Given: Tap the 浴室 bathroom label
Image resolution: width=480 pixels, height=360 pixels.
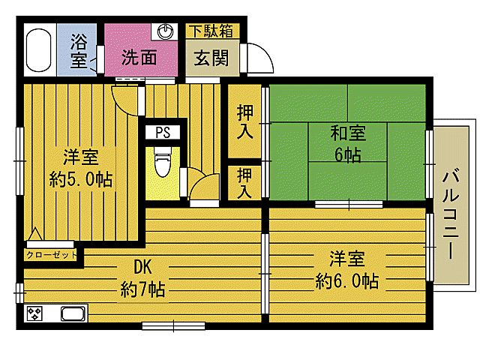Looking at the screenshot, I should tap(79, 51).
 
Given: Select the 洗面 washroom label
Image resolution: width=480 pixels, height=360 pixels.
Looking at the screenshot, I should tap(139, 55).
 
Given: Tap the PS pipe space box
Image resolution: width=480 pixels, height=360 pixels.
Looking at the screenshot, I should tap(163, 133).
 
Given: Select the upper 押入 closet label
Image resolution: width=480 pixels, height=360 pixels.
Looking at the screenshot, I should tap(244, 121).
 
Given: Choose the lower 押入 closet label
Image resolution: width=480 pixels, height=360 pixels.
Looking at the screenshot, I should tap(244, 182).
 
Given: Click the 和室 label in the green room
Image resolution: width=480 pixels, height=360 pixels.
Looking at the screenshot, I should tap(348, 134).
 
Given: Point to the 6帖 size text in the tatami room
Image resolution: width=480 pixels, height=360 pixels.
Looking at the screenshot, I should tap(348, 155).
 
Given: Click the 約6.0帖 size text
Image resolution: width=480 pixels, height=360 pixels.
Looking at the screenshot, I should tap(346, 281).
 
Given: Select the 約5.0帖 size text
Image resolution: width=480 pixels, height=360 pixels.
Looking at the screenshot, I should tap(81, 179).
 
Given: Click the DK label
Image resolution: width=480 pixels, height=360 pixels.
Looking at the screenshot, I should tap(142, 267).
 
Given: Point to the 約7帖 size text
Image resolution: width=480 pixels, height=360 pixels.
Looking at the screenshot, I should tap(142, 289).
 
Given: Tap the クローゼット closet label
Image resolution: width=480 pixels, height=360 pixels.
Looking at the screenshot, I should tap(52, 255).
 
